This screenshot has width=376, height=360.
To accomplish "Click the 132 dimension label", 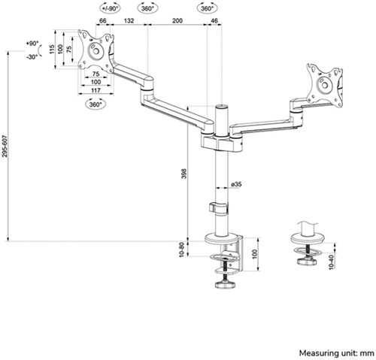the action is tap(129, 20).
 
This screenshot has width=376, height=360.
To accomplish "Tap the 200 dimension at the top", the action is tap(177, 20).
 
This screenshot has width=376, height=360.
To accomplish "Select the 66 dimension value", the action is tap(103, 20).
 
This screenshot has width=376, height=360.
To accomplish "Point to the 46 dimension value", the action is tap(214, 20).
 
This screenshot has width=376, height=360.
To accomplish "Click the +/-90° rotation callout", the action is tap(110, 8).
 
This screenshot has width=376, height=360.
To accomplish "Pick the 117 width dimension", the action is tap(96, 90).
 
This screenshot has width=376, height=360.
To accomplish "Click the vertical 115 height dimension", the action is tap(52, 49).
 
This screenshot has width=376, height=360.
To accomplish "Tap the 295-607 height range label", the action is tap(5, 146).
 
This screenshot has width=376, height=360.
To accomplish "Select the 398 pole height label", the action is tap(184, 174).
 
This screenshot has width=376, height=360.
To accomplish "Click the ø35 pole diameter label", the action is tap(236, 184).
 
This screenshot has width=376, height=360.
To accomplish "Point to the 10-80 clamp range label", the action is tap(182, 250).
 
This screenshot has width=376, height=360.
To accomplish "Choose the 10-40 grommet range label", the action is tap(332, 262).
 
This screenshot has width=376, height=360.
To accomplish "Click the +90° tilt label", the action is tap(32, 44).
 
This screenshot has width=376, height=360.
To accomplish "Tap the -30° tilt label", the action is tap(32, 57).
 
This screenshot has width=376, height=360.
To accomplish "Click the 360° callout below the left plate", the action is tap(96, 104).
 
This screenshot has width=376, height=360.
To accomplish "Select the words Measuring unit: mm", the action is tap(336, 353).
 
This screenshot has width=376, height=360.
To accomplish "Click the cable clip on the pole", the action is tap(219, 208).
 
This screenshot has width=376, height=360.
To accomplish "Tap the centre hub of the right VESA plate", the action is tap(324, 85).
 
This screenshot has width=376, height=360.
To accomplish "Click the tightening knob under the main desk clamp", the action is tap(226, 285).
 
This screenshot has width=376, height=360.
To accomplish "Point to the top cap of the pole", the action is tap(222, 106).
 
